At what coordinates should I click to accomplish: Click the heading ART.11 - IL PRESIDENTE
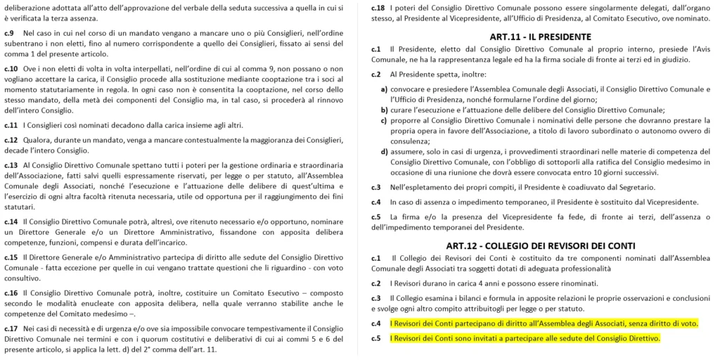pos(540,36)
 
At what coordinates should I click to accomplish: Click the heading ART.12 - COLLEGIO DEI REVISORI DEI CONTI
pos(540,245)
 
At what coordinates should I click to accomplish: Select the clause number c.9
pos(9,34)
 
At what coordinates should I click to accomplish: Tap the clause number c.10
pos(11,68)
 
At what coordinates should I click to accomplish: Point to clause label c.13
pos(11,165)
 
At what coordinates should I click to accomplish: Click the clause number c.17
pos(11,328)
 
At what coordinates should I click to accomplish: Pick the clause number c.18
pos(379,7)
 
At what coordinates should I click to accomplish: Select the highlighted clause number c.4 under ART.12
pos(377,323)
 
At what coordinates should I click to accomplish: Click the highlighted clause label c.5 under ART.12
pos(377,339)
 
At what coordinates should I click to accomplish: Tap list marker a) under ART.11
pos(384,89)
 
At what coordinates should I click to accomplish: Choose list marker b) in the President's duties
pos(384,110)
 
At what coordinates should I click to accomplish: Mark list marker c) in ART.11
pos(384,120)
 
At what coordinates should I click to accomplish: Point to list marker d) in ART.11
pos(384,151)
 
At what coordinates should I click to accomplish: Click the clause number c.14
pos(11,221)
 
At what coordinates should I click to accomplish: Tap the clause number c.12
pos(11,140)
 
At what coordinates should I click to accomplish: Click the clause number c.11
pos(11,125)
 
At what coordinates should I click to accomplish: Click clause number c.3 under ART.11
pos(377,187)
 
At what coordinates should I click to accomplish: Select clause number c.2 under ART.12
pos(377,283)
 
